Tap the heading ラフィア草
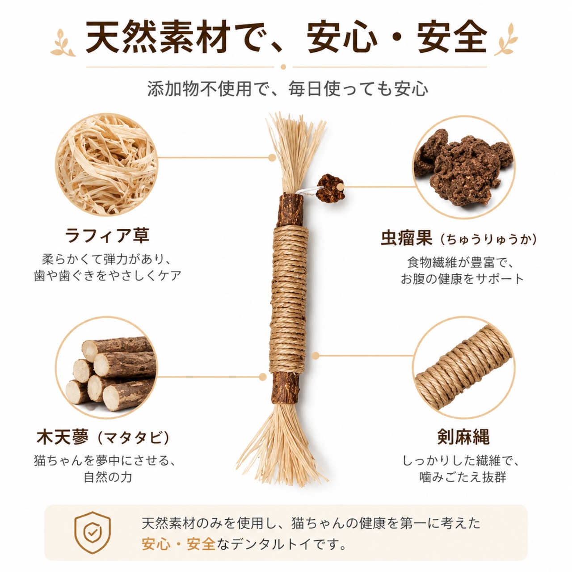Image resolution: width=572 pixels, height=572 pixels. click(x=107, y=236)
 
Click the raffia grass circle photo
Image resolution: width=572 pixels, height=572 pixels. click(x=106, y=164)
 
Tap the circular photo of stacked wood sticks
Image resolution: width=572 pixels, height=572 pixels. click(x=106, y=367)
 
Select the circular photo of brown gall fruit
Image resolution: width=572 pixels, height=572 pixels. click(x=464, y=167)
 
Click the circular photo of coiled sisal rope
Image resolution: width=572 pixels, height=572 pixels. click(x=464, y=367)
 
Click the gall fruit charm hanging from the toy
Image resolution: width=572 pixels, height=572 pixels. click(x=330, y=189)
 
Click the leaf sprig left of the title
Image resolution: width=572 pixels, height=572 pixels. click(x=63, y=42)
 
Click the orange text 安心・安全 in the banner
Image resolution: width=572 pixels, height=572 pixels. click(x=178, y=543)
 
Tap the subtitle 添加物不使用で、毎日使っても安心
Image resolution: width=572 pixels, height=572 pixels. click(x=288, y=88)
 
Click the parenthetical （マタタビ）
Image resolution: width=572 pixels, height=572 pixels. click(x=134, y=437)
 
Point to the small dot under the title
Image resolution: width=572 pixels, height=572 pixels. click(x=283, y=67)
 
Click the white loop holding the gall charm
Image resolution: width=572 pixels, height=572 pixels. click(x=309, y=191)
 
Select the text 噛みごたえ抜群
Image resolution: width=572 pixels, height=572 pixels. click(x=463, y=477)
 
